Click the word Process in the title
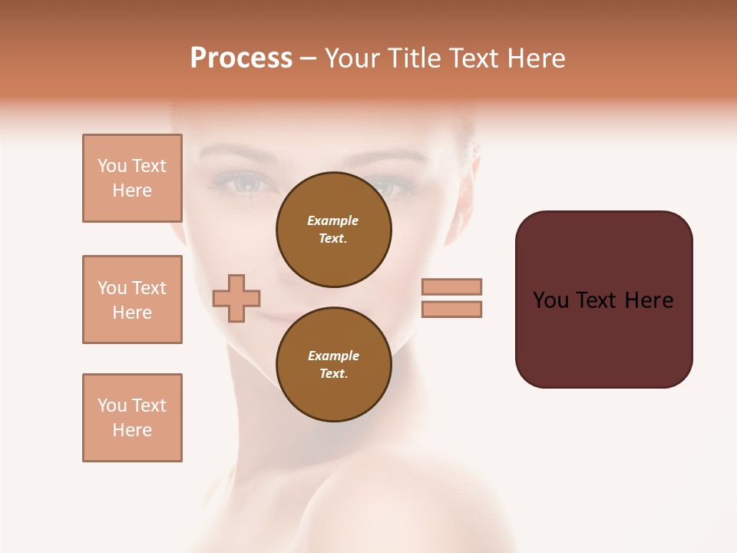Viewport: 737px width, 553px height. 241,58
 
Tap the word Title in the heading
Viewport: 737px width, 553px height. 414,58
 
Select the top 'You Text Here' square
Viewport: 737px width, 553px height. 132,178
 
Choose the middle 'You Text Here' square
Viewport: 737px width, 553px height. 132,300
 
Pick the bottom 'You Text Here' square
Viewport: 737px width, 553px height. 132,418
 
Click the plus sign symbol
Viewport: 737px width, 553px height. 236,298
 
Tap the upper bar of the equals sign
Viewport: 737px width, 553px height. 451,286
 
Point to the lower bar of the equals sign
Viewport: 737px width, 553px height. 451,309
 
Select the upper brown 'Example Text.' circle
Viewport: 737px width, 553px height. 334,230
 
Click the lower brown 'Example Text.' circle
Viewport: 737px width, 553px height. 334,365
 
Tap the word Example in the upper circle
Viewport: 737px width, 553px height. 333,221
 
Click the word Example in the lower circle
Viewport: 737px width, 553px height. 333,356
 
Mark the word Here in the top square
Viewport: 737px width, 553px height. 132,190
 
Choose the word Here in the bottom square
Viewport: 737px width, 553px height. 132,430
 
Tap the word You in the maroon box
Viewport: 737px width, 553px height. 550,300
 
